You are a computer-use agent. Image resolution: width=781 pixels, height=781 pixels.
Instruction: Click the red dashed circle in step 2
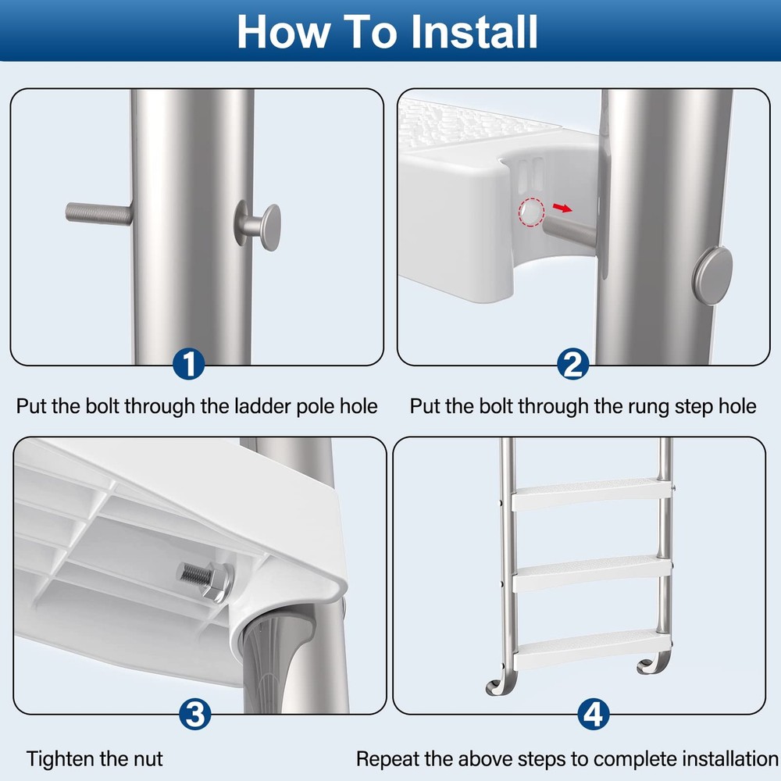pyautogui.click(x=530, y=212)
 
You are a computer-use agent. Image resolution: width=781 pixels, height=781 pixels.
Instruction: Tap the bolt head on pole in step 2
pyautogui.click(x=711, y=269)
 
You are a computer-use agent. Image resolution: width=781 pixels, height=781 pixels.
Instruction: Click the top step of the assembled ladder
pyautogui.click(x=587, y=492)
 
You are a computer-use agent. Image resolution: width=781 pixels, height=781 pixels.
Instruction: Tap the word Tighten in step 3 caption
pyautogui.click(x=59, y=758)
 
